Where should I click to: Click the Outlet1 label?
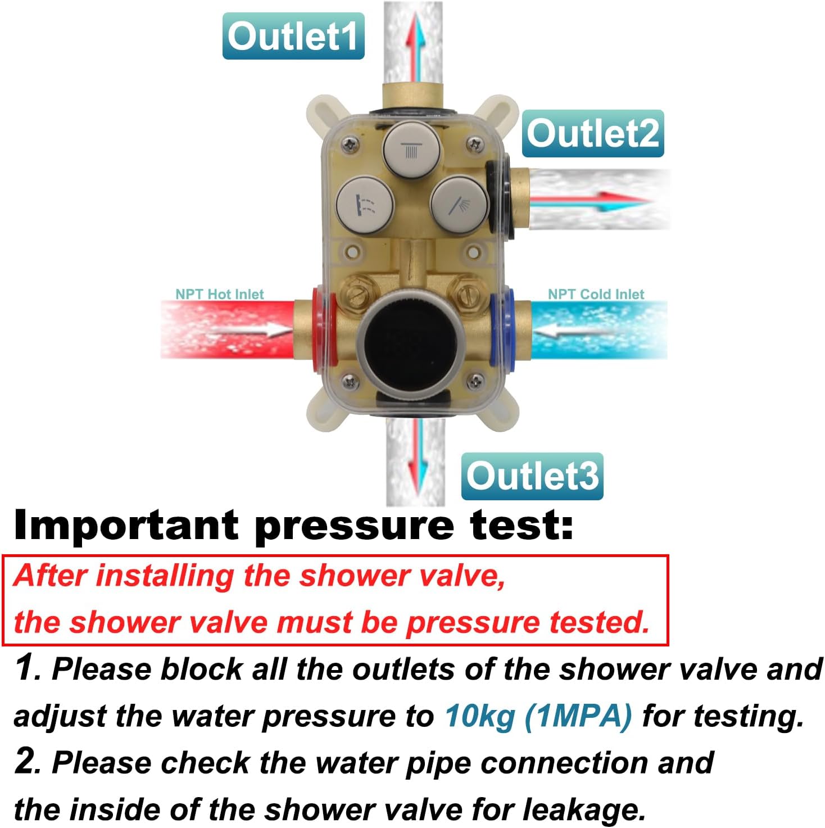pyautogui.click(x=293, y=37)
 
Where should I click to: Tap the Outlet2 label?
pyautogui.click(x=592, y=134)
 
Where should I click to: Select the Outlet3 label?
pyautogui.click(x=532, y=476)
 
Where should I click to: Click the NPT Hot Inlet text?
pyautogui.click(x=219, y=294)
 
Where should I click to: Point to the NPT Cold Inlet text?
pyautogui.click(x=596, y=294)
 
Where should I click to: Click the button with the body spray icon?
pyautogui.click(x=365, y=203)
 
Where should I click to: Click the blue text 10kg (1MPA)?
pyautogui.click(x=538, y=716)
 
